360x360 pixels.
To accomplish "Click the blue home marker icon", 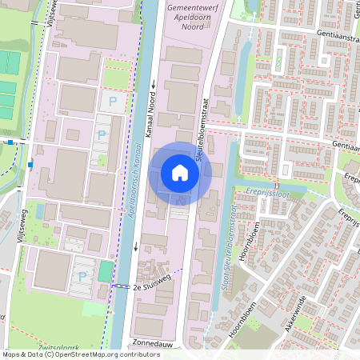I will pyautogui.click(x=180, y=173).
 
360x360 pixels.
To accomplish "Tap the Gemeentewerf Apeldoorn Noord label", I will pyautogui.click(x=194, y=15).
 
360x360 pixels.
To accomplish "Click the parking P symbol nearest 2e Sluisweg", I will pyautogui.click(x=82, y=277).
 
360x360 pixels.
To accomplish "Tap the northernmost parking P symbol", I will pyautogui.click(x=112, y=102).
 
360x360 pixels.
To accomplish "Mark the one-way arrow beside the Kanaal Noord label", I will pyautogui.click(x=152, y=84).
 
